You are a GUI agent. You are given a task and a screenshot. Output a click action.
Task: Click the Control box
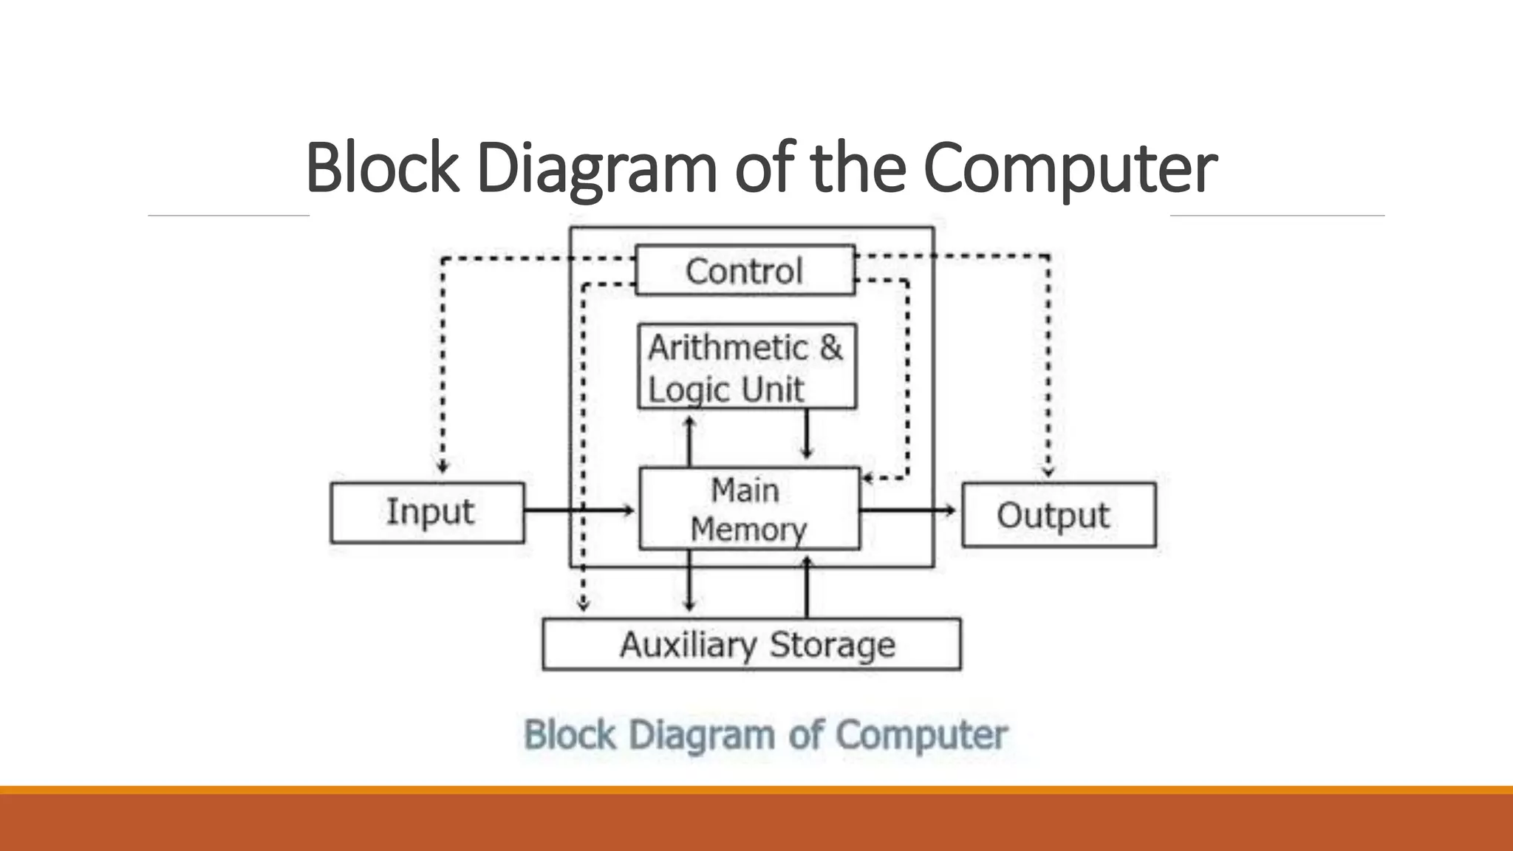[745, 270]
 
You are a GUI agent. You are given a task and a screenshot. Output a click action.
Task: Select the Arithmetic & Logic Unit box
[746, 366]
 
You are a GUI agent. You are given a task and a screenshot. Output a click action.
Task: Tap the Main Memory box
[749, 509]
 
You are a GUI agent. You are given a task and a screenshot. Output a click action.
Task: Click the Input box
[428, 513]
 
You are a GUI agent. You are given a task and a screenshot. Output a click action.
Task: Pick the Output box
[1058, 515]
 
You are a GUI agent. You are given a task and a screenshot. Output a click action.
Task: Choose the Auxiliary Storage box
[751, 644]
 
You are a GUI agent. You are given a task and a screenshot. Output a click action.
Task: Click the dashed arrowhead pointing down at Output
[1048, 471]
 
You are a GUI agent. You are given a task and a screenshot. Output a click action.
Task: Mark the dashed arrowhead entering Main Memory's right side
[868, 478]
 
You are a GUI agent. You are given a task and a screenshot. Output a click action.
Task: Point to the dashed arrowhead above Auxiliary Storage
[583, 605]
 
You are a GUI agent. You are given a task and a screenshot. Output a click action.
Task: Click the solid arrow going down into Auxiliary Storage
[689, 584]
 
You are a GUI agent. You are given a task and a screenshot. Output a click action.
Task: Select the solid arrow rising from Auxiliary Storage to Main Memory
[806, 587]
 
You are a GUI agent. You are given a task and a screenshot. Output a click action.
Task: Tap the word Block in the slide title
[381, 168]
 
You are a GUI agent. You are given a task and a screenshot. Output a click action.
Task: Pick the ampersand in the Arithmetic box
[830, 347]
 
